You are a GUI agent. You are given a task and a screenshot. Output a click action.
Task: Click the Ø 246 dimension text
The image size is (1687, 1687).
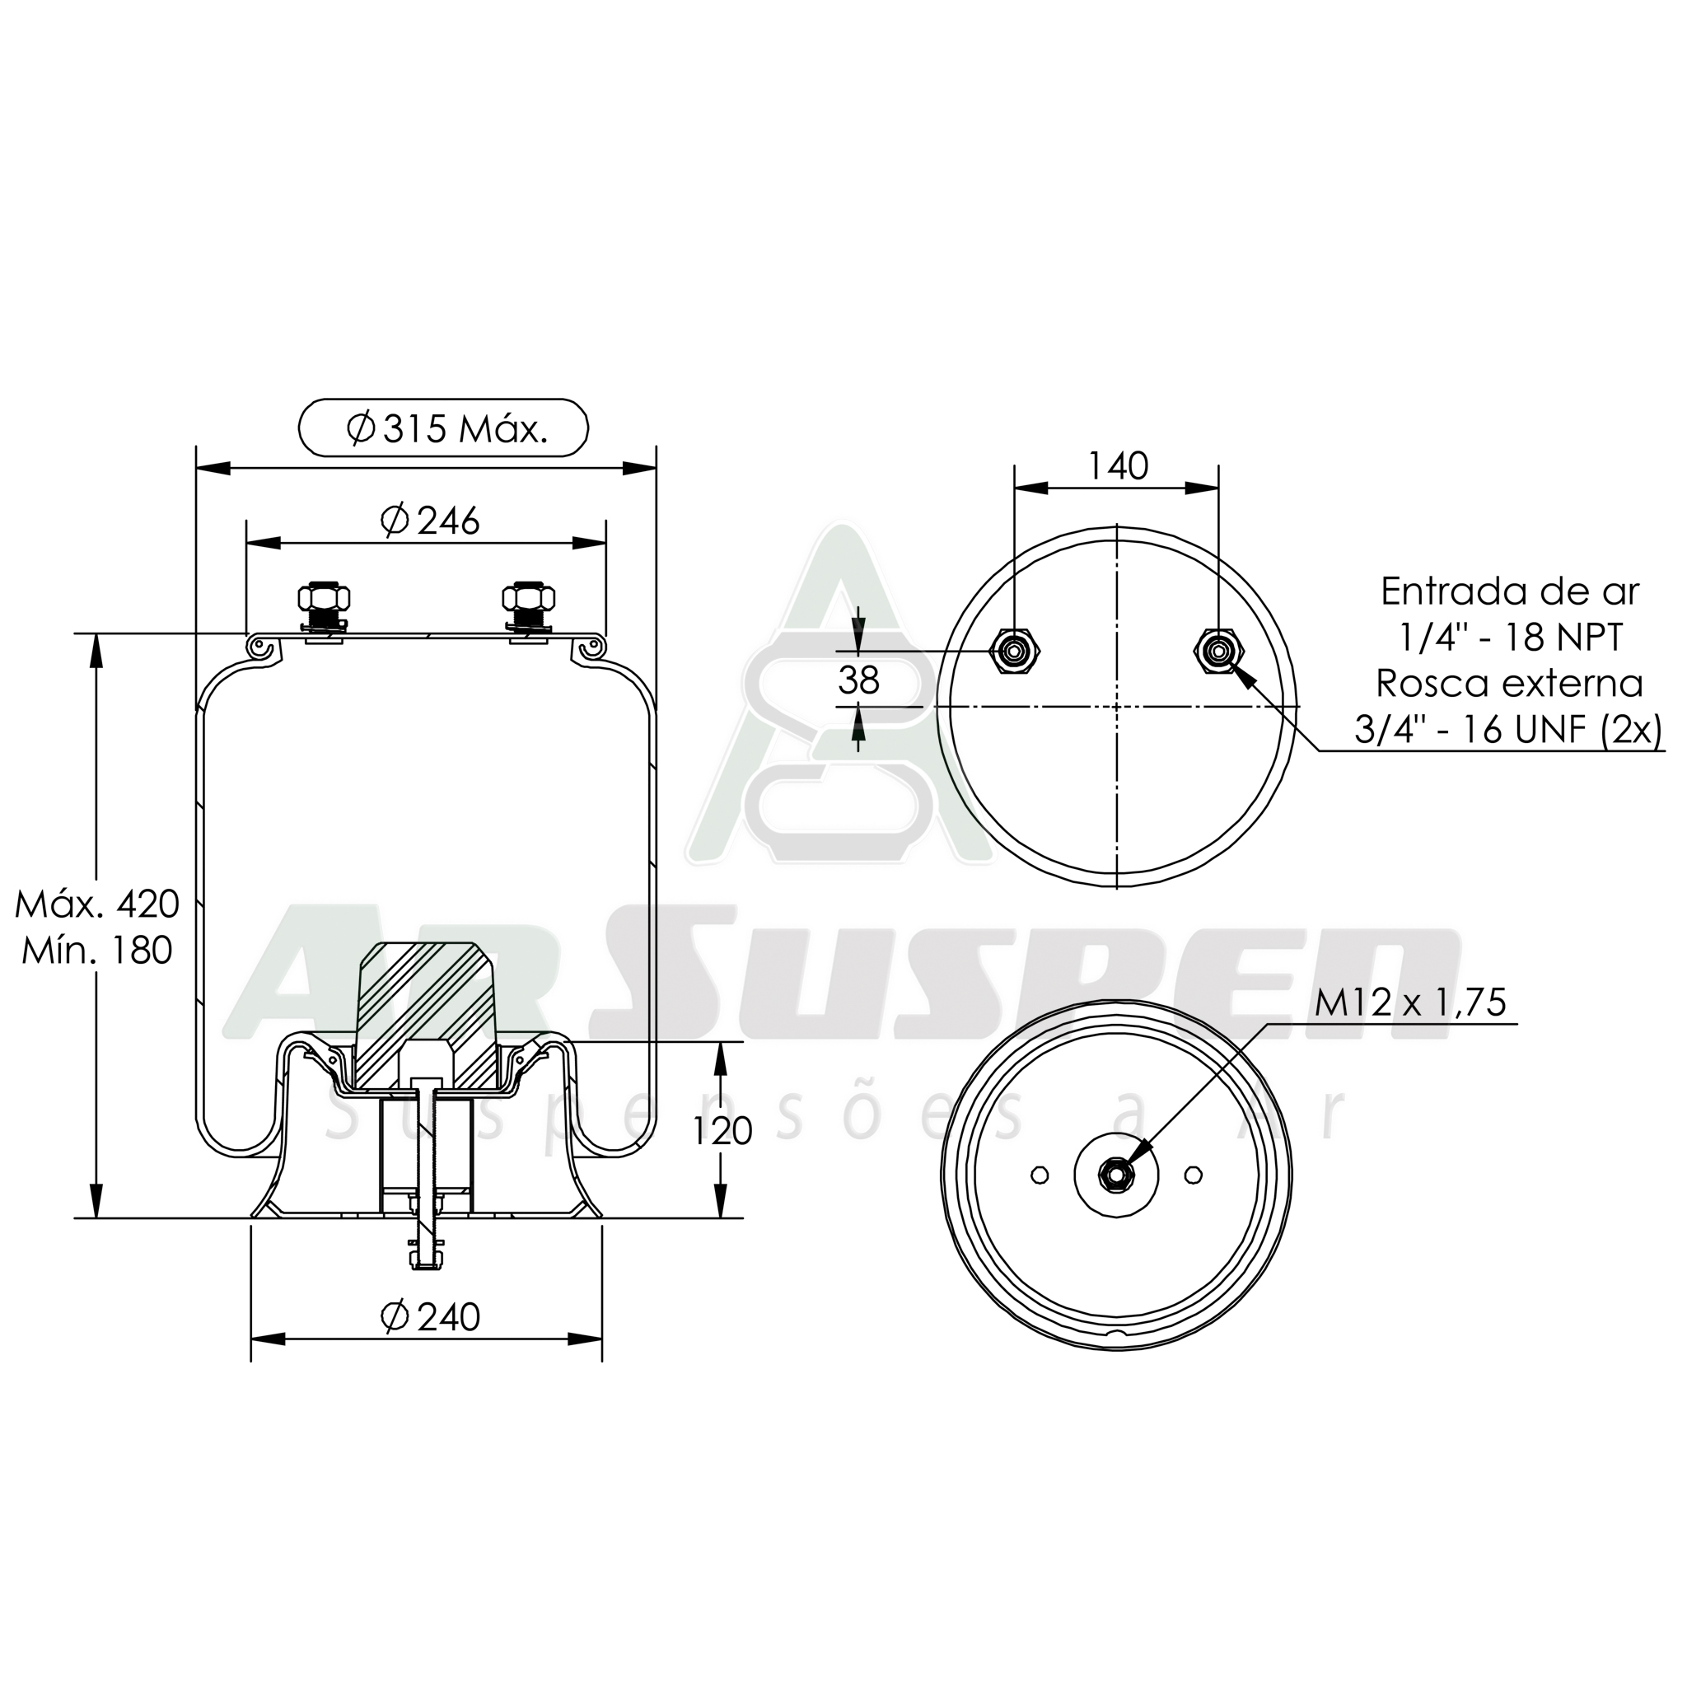(x=431, y=521)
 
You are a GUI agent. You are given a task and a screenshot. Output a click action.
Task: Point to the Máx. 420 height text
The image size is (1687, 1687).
(x=97, y=904)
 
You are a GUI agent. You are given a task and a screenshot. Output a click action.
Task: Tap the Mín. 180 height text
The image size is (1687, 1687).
(x=97, y=950)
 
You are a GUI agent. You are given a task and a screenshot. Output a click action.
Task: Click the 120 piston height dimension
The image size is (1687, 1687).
(x=722, y=1131)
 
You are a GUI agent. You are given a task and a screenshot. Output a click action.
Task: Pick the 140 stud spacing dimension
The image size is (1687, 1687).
(x=1117, y=466)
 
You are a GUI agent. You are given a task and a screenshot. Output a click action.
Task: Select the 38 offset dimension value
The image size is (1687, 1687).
(x=858, y=680)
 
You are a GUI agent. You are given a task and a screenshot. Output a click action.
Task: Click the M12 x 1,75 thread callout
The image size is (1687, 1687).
(x=1410, y=1002)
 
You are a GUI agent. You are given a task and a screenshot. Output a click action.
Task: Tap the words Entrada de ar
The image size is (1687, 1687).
(x=1509, y=592)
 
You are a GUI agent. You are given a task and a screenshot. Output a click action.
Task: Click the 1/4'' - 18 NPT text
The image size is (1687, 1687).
(x=1509, y=638)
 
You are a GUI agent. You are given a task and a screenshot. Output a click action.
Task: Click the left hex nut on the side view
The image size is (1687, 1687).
(x=324, y=598)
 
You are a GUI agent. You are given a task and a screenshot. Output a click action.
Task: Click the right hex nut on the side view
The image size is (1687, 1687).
(x=528, y=598)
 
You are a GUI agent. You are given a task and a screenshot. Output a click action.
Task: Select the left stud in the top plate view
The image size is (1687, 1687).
(x=1014, y=651)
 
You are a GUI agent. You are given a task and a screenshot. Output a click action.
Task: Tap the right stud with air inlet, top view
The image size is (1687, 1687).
(x=1218, y=651)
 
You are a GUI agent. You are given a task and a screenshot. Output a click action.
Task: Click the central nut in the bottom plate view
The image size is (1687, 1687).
(x=1117, y=1175)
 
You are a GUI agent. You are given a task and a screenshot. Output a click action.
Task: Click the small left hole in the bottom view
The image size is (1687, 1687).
(x=1039, y=1175)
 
